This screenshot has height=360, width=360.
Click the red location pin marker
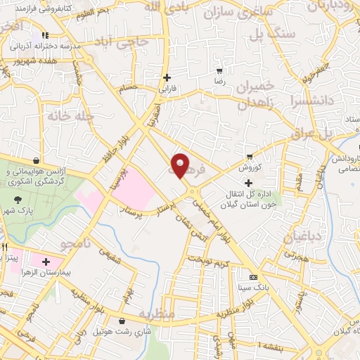pyautogui.click(x=181, y=165)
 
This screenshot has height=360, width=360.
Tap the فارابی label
pyautogui.click(x=166, y=89)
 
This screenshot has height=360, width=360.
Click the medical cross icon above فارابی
pyautogui.click(x=167, y=77)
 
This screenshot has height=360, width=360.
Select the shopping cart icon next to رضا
pyautogui.click(x=219, y=71)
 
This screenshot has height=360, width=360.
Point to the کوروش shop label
pyautogui.click(x=249, y=168)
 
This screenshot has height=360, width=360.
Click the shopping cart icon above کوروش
pyautogui.click(x=250, y=156)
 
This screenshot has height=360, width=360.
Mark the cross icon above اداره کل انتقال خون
pyautogui.click(x=248, y=183)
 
